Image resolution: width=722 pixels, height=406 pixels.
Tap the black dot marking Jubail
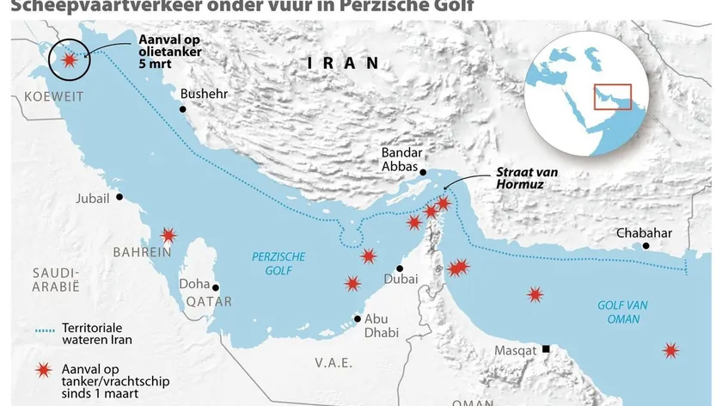(119, 197)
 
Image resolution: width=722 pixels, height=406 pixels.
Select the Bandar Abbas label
(400, 159)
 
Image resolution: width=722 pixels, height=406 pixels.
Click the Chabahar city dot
(647, 246)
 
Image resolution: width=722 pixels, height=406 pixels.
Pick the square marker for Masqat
(546, 349)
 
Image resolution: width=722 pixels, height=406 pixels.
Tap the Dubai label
(402, 279)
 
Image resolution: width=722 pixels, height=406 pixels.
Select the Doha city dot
(216, 288)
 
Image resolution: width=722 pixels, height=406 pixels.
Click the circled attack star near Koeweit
(67, 59)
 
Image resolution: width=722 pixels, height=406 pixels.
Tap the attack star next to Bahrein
(168, 235)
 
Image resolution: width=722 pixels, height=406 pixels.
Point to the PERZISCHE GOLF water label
(272, 263)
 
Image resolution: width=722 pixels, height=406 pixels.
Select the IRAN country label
(344, 63)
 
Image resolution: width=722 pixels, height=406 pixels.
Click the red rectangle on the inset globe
(612, 96)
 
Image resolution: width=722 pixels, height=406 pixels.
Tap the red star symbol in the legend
(41, 370)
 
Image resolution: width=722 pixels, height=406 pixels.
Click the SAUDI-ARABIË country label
(56, 280)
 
